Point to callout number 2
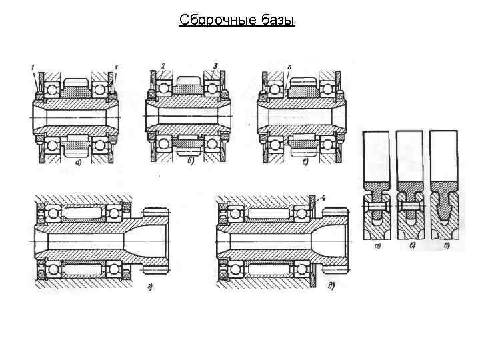pos(163,66)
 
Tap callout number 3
pos(215,66)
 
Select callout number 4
pos(323,197)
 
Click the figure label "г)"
pos(152,287)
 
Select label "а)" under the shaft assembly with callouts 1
pos(80,161)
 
